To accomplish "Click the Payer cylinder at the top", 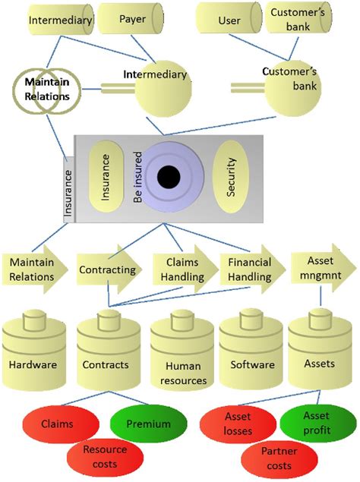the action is pyautogui.click(x=131, y=19).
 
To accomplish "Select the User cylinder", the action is pyautogui.click(x=229, y=18).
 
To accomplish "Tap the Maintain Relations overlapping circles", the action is pyautogui.click(x=47, y=90).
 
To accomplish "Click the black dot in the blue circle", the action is pyautogui.click(x=169, y=177).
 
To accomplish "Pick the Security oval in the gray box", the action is pyautogui.click(x=230, y=177).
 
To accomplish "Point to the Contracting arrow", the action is pyautogui.click(x=109, y=269).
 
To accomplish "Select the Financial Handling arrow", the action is pyautogui.click(x=253, y=269).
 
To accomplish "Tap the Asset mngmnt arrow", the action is pyautogui.click(x=324, y=267).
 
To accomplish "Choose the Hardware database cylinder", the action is pyautogui.click(x=34, y=350).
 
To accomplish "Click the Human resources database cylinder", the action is pyautogui.click(x=182, y=350).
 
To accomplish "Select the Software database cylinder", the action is pyautogui.click(x=251, y=349).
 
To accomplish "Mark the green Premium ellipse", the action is pyautogui.click(x=149, y=424).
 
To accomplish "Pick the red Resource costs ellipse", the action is pyautogui.click(x=106, y=457).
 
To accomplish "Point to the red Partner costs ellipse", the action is pyautogui.click(x=279, y=458).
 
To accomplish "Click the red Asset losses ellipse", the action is pyautogui.click(x=238, y=424).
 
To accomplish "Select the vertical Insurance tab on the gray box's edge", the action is pyautogui.click(x=68, y=190).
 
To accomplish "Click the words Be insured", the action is pyautogui.click(x=138, y=177).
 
